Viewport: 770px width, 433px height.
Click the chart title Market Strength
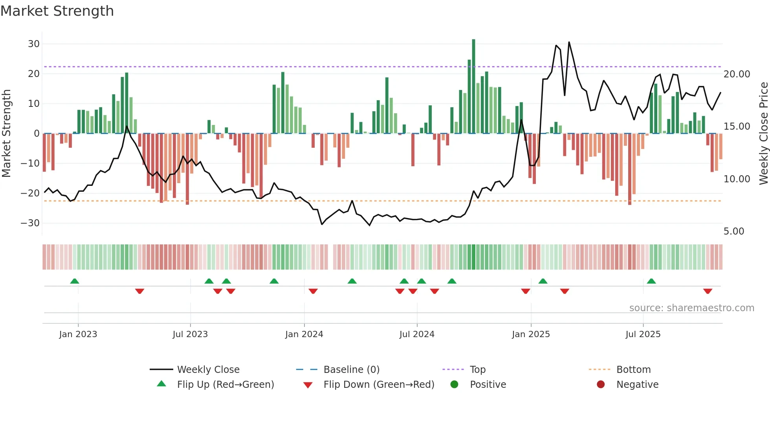pos(57,11)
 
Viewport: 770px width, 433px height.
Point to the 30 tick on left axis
pos(34,44)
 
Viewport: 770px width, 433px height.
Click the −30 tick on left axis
pos(31,223)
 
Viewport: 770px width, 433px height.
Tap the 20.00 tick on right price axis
pos(737,74)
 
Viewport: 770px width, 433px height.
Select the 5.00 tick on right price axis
pos(733,231)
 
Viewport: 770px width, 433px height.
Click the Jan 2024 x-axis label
pos(304,334)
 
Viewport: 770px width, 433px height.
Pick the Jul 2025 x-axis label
pos(643,334)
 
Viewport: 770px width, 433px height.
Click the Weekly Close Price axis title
pos(763,133)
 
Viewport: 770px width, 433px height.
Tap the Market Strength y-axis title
pos(6,133)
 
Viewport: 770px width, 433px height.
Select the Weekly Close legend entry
pos(208,370)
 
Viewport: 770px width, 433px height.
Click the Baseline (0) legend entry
pos(351,370)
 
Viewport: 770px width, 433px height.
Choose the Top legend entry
pos(477,370)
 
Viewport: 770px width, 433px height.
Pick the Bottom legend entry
pos(633,370)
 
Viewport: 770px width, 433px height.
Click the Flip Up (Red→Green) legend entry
pos(225,385)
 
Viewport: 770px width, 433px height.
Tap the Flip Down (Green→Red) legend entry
pos(379,385)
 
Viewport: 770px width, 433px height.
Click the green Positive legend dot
pos(455,385)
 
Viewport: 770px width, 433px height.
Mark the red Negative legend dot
pos(601,385)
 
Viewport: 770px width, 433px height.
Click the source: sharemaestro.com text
pos(691,308)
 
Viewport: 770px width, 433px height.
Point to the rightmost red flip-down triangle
pos(708,291)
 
